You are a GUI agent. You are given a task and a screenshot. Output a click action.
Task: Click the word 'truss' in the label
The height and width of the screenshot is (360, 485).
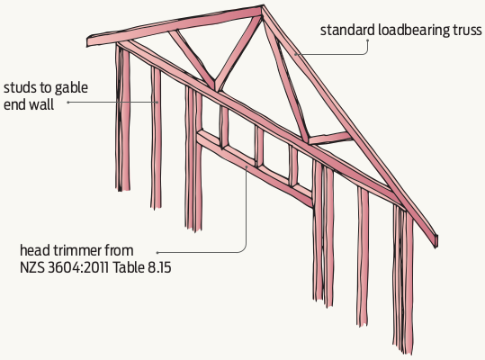pyautogui.click(x=467, y=31)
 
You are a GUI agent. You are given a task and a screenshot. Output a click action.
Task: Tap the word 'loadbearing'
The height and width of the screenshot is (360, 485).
pyautogui.click(x=414, y=31)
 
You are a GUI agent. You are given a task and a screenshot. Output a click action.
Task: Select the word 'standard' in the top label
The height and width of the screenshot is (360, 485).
pyautogui.click(x=347, y=31)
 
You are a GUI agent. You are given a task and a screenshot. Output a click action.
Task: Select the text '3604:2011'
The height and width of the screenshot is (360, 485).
pyautogui.click(x=78, y=267)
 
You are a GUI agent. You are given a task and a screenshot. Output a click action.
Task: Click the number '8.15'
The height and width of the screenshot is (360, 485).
pyautogui.click(x=159, y=267)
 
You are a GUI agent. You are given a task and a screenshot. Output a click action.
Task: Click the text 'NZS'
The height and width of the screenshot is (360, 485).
pyautogui.click(x=32, y=267)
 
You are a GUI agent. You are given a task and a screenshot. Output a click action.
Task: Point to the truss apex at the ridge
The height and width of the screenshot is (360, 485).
pyautogui.click(x=263, y=6)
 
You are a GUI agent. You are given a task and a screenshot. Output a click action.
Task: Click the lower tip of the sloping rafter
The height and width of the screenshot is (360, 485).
pyautogui.click(x=436, y=243)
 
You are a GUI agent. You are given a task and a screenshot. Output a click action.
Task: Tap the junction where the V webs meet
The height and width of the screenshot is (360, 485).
pyautogui.click(x=216, y=87)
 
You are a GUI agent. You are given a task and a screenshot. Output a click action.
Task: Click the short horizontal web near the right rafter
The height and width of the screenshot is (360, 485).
pyautogui.click(x=329, y=138)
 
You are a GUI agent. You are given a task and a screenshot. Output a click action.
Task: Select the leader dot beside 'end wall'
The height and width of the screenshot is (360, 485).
pyautogui.click(x=67, y=102)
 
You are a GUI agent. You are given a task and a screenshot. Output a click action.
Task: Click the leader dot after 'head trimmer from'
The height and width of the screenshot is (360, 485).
pyautogui.click(x=157, y=252)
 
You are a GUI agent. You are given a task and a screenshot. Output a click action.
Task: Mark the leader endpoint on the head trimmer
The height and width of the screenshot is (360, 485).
pyautogui.click(x=247, y=166)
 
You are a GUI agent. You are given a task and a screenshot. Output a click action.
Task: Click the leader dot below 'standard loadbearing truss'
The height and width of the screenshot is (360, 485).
pyautogui.click(x=368, y=40)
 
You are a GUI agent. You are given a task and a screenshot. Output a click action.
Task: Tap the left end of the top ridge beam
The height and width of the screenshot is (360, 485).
pyautogui.click(x=87, y=41)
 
